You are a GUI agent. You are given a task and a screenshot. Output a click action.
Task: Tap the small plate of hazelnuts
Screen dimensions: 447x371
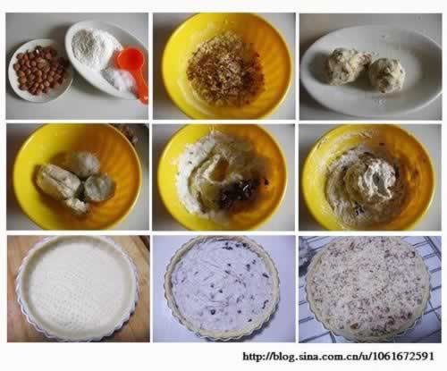pos(40,71)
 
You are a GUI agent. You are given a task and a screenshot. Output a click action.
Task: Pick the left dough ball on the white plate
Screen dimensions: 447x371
pos(347,66)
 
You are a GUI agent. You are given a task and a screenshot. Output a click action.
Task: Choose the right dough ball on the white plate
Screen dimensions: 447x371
pos(387,75)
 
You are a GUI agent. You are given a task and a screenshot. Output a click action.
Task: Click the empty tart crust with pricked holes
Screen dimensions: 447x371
pos(78,288)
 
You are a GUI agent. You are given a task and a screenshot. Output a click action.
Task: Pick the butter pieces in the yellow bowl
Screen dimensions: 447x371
pos(74,181)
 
